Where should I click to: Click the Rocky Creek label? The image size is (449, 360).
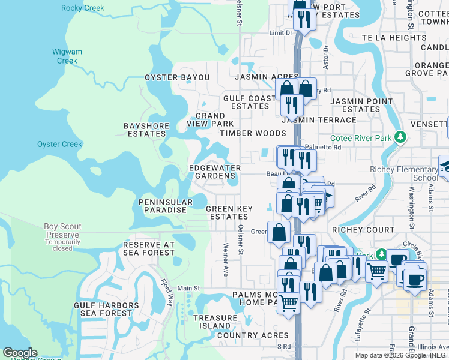(82, 8)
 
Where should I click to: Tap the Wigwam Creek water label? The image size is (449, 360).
(67, 56)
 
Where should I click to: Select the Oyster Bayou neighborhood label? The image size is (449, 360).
(177, 77)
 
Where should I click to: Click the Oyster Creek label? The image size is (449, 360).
(59, 144)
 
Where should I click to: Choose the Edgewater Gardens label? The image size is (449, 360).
(215, 172)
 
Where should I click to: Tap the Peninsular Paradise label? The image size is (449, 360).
(165, 206)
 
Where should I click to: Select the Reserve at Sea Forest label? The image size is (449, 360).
(148, 248)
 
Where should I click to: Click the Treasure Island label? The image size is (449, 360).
(215, 322)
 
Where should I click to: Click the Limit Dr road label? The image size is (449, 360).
(280, 32)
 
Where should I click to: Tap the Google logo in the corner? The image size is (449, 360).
(20, 353)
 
